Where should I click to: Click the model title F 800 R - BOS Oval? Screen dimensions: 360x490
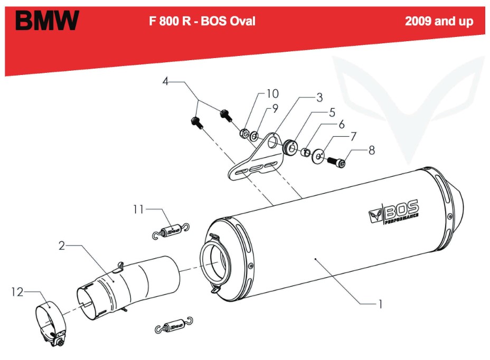pyautogui.click(x=203, y=21)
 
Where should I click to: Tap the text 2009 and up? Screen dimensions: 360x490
pyautogui.click(x=439, y=22)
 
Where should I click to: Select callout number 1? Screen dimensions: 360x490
pyautogui.click(x=379, y=304)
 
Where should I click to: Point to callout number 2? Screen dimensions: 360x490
pyautogui.click(x=62, y=246)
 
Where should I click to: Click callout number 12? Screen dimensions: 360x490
pyautogui.click(x=18, y=291)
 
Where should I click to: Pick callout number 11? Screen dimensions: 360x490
pyautogui.click(x=139, y=210)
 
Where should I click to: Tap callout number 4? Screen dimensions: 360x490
pyautogui.click(x=165, y=82)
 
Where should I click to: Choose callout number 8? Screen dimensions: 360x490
pyautogui.click(x=372, y=150)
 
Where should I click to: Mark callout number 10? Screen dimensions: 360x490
pyautogui.click(x=272, y=94)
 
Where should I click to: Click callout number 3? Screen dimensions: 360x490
pyautogui.click(x=319, y=97)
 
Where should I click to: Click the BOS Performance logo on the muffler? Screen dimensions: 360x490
pyautogui.click(x=394, y=211)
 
